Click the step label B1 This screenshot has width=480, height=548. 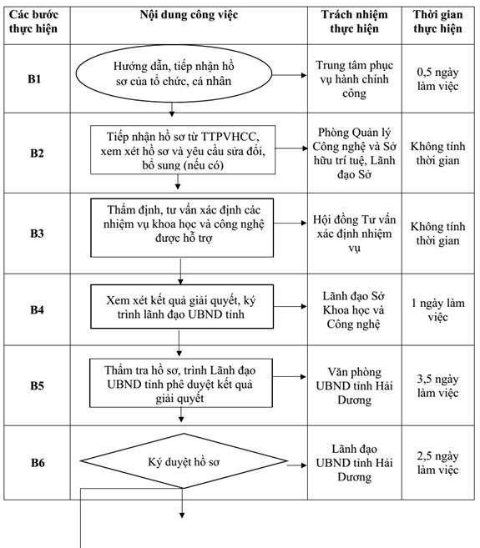[x=34, y=79]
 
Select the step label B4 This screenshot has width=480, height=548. [x=37, y=309]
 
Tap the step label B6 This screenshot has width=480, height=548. [x=38, y=462]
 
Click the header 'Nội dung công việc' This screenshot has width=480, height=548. [x=189, y=15]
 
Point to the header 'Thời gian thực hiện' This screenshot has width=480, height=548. [x=437, y=22]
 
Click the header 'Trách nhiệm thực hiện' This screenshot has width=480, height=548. [x=355, y=22]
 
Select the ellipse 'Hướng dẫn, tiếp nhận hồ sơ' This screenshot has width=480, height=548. [x=174, y=73]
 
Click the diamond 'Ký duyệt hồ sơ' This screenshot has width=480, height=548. [x=184, y=461]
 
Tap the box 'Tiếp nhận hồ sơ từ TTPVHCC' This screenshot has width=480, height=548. [x=183, y=150]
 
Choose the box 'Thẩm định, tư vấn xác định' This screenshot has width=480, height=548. [x=182, y=228]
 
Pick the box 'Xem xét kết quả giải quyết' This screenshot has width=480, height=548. [x=182, y=306]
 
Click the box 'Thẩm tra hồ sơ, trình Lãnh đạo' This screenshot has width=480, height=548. [x=181, y=383]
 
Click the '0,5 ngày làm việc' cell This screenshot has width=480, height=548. [x=437, y=79]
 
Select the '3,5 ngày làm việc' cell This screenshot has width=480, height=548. [x=437, y=386]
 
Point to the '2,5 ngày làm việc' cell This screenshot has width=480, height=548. [x=437, y=463]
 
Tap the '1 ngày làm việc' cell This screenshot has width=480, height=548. [x=437, y=309]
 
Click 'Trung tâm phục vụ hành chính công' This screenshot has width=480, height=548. [x=355, y=79]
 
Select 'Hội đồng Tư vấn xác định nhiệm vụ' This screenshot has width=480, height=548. [x=355, y=234]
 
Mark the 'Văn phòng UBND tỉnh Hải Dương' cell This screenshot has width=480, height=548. [x=355, y=386]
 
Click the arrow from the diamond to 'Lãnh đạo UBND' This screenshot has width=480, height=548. [x=297, y=465]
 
